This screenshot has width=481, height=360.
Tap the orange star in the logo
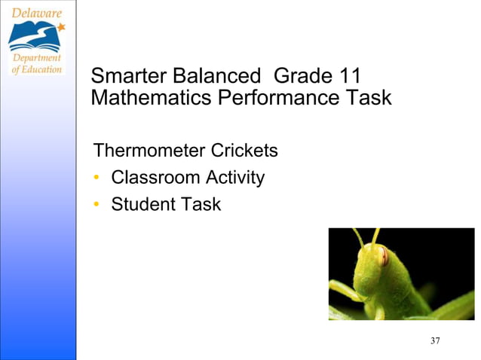[x=61, y=27]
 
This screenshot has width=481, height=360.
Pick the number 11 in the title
[x=349, y=77]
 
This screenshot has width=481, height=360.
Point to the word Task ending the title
[x=368, y=98]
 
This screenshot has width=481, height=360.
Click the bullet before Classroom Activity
[x=97, y=178]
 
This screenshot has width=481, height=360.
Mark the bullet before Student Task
[x=97, y=205]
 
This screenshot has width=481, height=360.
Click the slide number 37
[x=435, y=341]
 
